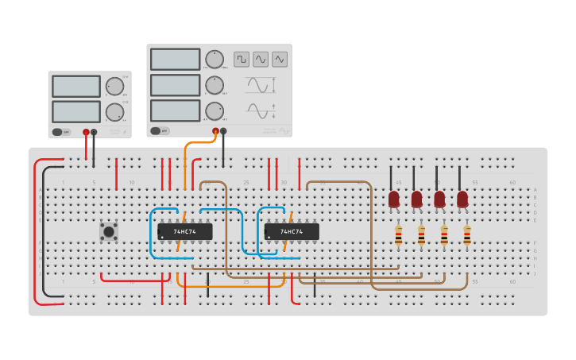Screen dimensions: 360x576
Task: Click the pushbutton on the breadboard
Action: pos(109,231)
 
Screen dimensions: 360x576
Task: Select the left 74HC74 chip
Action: pos(185,231)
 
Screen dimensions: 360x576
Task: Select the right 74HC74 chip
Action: pos(292,231)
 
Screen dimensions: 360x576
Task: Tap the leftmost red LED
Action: pos(394,199)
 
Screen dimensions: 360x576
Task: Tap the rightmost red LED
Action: pos(462,199)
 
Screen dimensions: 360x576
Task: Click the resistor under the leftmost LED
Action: pos(398,234)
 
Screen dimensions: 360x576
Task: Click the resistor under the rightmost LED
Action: pos(467,234)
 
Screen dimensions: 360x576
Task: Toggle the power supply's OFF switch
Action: pos(60,132)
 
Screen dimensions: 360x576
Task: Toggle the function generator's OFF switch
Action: pos(159,131)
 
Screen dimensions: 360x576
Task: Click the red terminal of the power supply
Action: pos(86,132)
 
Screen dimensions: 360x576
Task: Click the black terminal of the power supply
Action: pos(95,132)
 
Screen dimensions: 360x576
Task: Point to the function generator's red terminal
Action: pos(215,131)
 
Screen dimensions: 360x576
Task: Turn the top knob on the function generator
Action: pos(215,60)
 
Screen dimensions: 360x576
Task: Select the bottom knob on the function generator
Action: pos(215,110)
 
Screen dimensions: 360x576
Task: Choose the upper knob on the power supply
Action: pos(115,87)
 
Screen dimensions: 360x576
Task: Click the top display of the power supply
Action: pos(76,86)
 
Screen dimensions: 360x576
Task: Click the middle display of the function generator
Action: pos(175,85)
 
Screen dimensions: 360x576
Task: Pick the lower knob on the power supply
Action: pos(115,112)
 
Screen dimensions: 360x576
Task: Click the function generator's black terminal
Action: pos(223,131)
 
